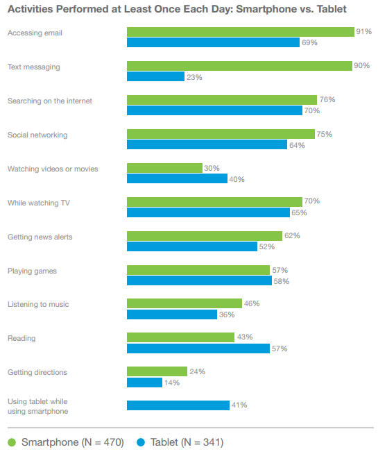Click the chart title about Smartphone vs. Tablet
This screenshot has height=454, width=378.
177,9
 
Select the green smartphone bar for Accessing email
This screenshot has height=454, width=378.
240,32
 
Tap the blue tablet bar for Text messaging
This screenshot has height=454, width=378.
155,77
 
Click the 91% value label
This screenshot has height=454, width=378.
364,32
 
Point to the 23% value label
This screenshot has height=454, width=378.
194,77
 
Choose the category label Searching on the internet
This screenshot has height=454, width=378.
49,101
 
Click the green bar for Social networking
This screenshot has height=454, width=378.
221,134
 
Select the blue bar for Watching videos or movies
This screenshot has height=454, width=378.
177,178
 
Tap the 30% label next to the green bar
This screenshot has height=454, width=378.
212,168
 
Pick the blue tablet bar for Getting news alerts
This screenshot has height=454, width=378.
191,246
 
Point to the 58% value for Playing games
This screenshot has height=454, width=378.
281,280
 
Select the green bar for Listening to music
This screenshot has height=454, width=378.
184,303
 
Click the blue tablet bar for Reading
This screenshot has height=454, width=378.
198,348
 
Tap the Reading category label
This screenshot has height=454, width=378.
22,339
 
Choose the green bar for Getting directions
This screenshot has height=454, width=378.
157,371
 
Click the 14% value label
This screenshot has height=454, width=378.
172,382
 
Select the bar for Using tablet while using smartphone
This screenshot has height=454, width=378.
178,405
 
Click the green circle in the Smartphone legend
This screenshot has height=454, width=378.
12,442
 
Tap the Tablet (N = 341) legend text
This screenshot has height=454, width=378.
185,442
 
